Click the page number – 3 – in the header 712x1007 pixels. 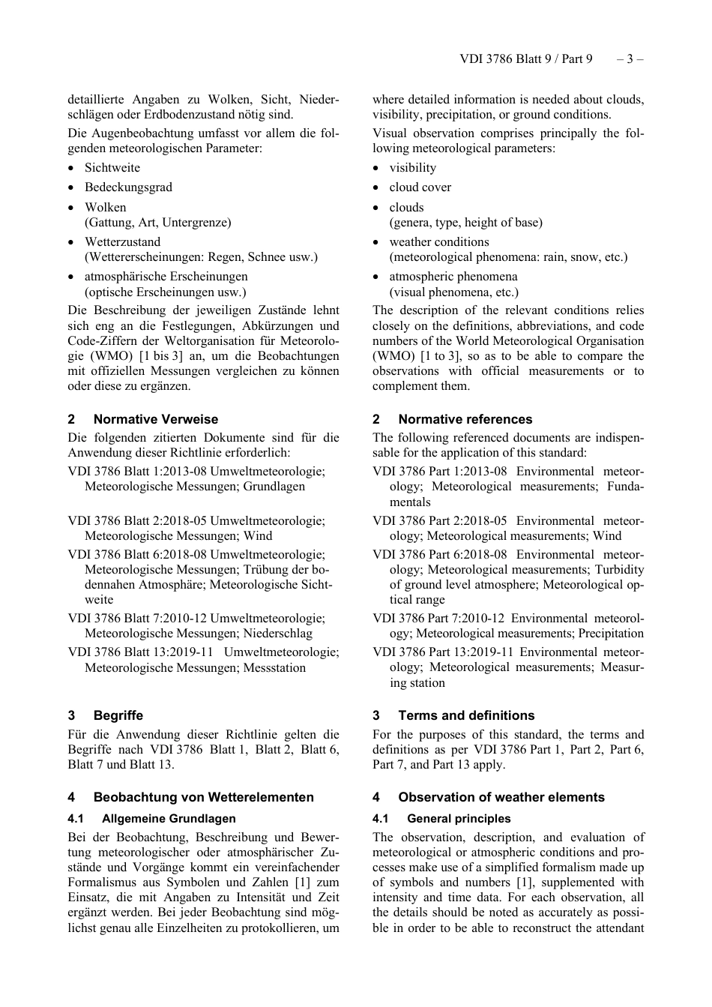[630, 59]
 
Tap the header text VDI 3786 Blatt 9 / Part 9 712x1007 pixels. [525, 59]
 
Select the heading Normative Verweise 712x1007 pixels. [156, 419]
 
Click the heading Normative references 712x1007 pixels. [465, 419]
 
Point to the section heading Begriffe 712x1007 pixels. [118, 715]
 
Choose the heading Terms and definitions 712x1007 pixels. [466, 715]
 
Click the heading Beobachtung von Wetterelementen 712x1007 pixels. [203, 797]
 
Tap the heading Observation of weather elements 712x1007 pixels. [501, 797]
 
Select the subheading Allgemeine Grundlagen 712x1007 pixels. [169, 819]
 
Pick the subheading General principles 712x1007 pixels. [459, 819]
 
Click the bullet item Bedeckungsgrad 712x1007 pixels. [128, 187]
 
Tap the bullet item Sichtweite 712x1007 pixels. [112, 168]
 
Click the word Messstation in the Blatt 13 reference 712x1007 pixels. [274, 667]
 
